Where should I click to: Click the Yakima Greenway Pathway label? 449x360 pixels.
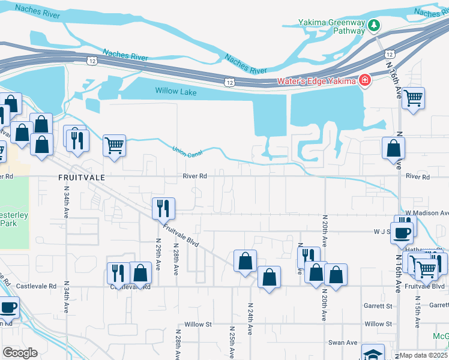(332, 26)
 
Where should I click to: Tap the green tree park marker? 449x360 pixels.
(374, 25)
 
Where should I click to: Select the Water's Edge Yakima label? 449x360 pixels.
(316, 81)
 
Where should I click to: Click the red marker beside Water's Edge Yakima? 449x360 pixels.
(364, 80)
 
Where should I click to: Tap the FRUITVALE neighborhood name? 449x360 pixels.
(82, 178)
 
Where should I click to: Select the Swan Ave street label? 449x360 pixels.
(343, 343)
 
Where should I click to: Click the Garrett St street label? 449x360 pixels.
(378, 305)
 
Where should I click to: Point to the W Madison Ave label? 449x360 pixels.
(426, 212)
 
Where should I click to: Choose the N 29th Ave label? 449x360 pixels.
(158, 256)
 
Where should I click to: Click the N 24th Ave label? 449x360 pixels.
(250, 319)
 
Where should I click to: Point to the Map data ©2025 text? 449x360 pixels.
(424, 355)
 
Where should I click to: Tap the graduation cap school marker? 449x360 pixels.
(372, 353)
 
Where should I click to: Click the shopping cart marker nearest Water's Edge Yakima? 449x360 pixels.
(413, 97)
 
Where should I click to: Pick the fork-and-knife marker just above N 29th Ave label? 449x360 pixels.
(163, 208)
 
